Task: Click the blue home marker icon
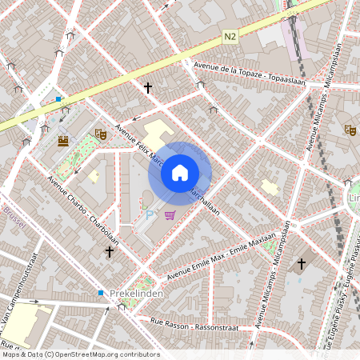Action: click(180, 173)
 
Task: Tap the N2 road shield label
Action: click(230, 37)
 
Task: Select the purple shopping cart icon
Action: click(170, 214)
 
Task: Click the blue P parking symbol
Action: click(149, 214)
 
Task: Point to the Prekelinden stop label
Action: click(137, 294)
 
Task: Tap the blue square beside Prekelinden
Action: click(101, 293)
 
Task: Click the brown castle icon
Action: click(63, 141)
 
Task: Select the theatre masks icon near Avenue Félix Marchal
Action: click(101, 134)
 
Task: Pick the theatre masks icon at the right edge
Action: click(350, 129)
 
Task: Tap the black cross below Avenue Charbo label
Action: click(110, 252)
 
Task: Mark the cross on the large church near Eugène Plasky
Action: click(302, 263)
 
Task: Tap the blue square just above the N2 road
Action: click(58, 100)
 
